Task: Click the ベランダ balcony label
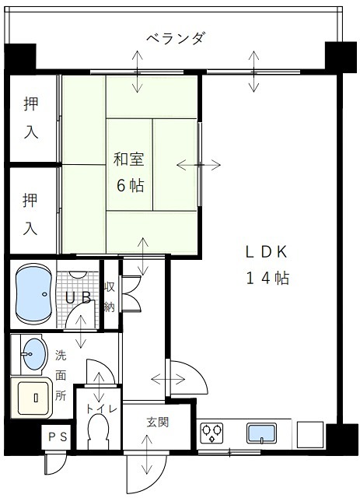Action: [x=175, y=38]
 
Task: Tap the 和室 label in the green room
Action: [x=128, y=160]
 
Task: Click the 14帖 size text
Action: [x=267, y=278]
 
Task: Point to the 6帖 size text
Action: [x=128, y=186]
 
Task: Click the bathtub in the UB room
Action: [x=33, y=295]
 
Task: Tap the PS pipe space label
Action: [x=58, y=437]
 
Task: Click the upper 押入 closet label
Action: [x=30, y=117]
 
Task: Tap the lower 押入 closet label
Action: [x=30, y=213]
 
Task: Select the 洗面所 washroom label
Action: [x=61, y=375]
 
